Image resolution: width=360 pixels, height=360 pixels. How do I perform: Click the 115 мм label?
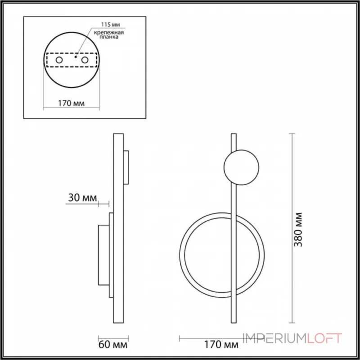pos(111,25)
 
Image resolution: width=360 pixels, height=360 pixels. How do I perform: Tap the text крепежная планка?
pos(109,35)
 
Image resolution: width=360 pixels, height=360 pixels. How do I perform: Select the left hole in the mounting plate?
pos(59,60)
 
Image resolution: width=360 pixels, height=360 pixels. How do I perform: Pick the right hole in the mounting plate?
pos(85,60)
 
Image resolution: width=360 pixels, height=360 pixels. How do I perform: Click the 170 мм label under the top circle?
pos(71,103)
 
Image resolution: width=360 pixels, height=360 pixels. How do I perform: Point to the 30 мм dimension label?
pos(82,198)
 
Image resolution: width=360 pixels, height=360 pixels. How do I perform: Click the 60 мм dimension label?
pos(113,345)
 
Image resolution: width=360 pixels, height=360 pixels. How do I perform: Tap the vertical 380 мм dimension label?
pos(298,229)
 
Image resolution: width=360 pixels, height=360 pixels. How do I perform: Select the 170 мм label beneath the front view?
pos(221,345)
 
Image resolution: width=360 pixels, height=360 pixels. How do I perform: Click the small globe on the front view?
pos(241,167)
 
